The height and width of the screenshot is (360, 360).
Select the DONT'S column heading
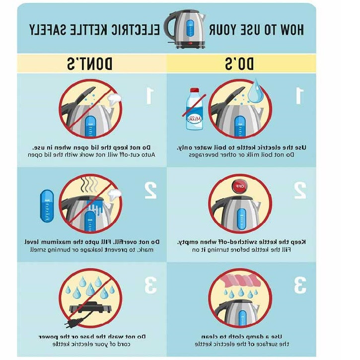click(x=89, y=64)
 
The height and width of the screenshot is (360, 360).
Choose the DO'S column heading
click(x=239, y=64)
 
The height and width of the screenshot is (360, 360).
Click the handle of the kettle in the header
click(x=168, y=25)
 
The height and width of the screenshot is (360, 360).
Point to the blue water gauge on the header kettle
click(x=190, y=28)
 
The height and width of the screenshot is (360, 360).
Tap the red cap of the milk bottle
click(x=195, y=90)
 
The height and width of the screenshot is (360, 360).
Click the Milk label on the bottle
click(x=194, y=119)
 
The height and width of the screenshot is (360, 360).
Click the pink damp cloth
click(x=240, y=281)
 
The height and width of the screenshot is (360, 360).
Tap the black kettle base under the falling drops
click(x=91, y=308)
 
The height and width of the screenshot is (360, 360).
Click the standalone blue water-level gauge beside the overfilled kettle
click(x=47, y=206)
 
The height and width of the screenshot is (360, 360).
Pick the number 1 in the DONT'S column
click(x=149, y=95)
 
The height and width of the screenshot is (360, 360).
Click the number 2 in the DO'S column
click(x=300, y=190)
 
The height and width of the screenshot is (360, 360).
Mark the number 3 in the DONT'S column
click(x=150, y=285)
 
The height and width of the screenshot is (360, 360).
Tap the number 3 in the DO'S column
click(x=300, y=285)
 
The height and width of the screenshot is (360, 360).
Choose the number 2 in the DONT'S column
click(x=150, y=190)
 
